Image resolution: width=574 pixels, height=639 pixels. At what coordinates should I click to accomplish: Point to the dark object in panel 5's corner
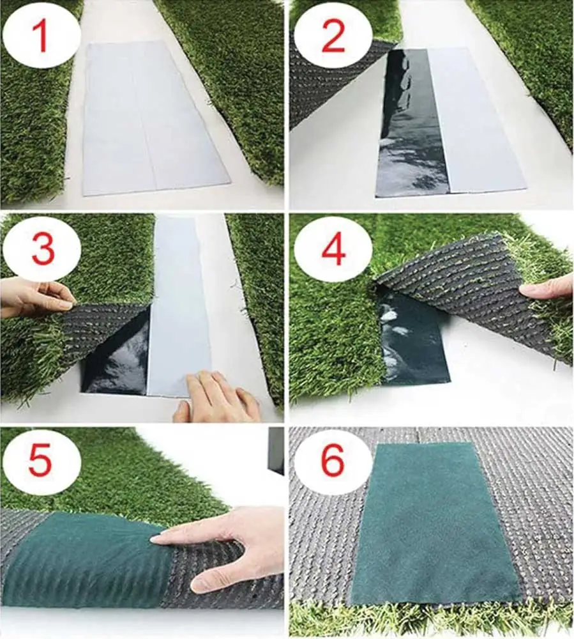pos(276,450)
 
